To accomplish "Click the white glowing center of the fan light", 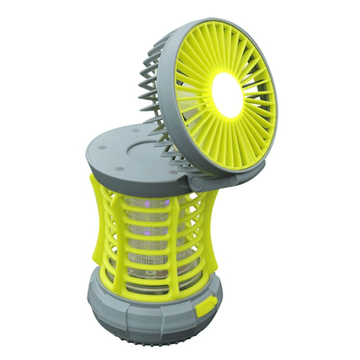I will pos(228,95).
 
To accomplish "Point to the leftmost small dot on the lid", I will pos(100,148).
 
